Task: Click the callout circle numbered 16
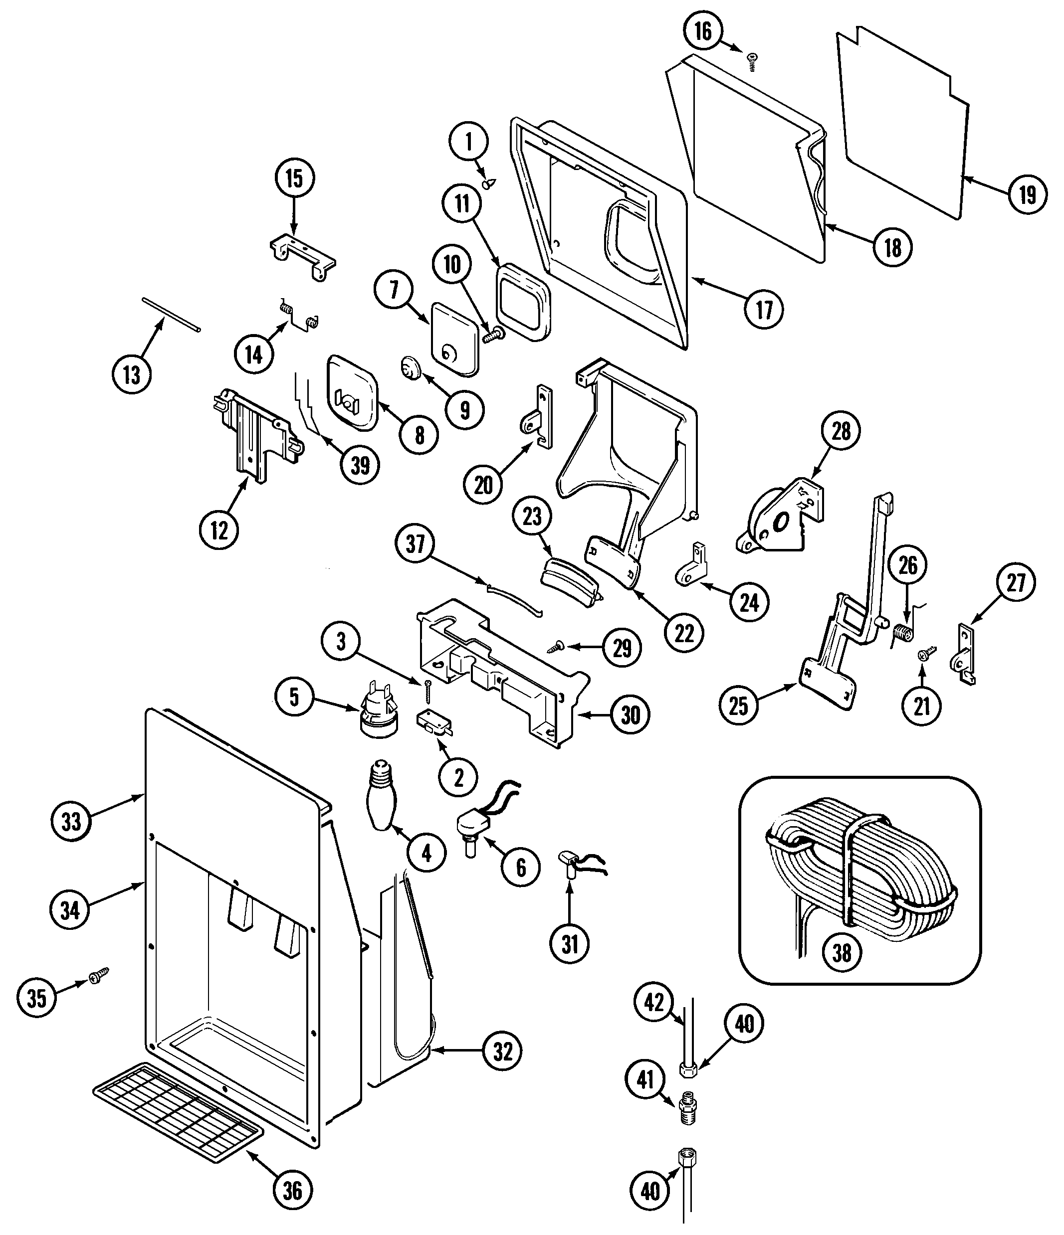(703, 31)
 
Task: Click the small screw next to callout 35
(98, 976)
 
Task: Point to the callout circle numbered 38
(842, 952)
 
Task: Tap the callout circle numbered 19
(1028, 194)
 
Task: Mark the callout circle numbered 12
(219, 530)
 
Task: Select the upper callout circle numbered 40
(744, 1024)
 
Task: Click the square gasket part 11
(524, 303)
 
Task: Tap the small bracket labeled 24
(692, 571)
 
